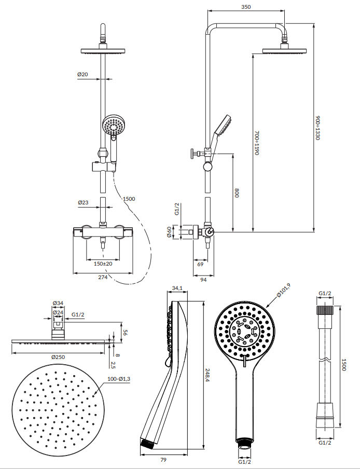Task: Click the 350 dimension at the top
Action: pyautogui.click(x=246, y=7)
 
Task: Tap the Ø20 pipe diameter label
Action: pyautogui.click(x=82, y=75)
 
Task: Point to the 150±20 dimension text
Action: pyautogui.click(x=103, y=264)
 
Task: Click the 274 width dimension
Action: pyautogui.click(x=103, y=278)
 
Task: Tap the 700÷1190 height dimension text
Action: pyautogui.click(x=257, y=143)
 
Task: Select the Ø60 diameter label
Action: pyautogui.click(x=169, y=231)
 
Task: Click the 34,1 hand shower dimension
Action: pyautogui.click(x=177, y=288)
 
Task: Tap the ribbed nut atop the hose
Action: pyautogui.click(x=325, y=310)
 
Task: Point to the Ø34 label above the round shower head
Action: pyautogui.click(x=58, y=303)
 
